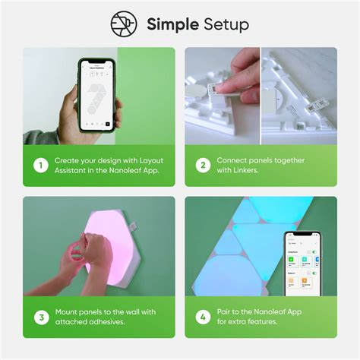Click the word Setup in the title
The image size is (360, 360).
tap(226, 25)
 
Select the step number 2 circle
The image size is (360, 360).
tap(201, 166)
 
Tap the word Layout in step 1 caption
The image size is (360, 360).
tap(141, 160)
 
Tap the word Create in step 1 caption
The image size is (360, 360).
tap(68, 160)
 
